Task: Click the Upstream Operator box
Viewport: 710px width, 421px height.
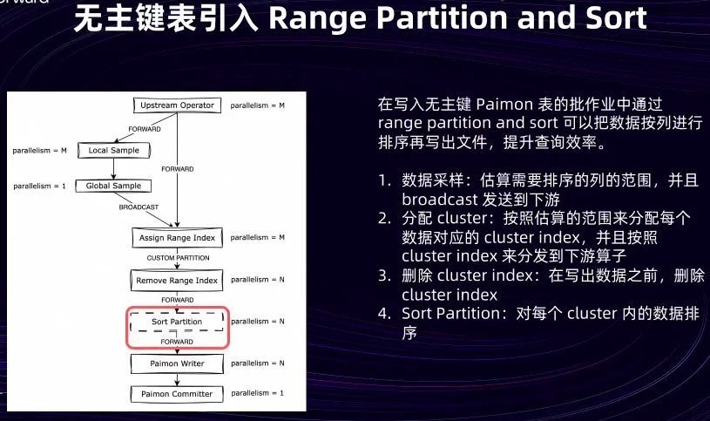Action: (x=177, y=105)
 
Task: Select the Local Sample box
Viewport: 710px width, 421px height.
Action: (x=113, y=151)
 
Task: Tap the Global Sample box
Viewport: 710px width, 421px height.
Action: (x=113, y=186)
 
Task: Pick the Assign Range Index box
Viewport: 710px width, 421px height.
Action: (x=177, y=237)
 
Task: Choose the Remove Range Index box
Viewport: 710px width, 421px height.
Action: (x=177, y=281)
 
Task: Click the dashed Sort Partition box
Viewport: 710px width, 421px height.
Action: (x=177, y=322)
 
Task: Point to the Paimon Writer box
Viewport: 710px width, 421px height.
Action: (x=177, y=363)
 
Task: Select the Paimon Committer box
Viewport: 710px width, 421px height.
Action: (x=177, y=394)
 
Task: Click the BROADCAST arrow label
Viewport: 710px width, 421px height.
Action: (x=139, y=207)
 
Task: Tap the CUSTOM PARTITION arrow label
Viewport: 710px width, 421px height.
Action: (x=178, y=258)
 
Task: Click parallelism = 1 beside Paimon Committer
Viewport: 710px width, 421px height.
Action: (x=258, y=394)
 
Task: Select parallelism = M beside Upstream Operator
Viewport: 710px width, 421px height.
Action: (x=258, y=105)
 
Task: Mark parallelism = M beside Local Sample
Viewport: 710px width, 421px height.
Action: (x=39, y=151)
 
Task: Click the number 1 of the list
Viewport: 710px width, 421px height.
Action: (x=384, y=180)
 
